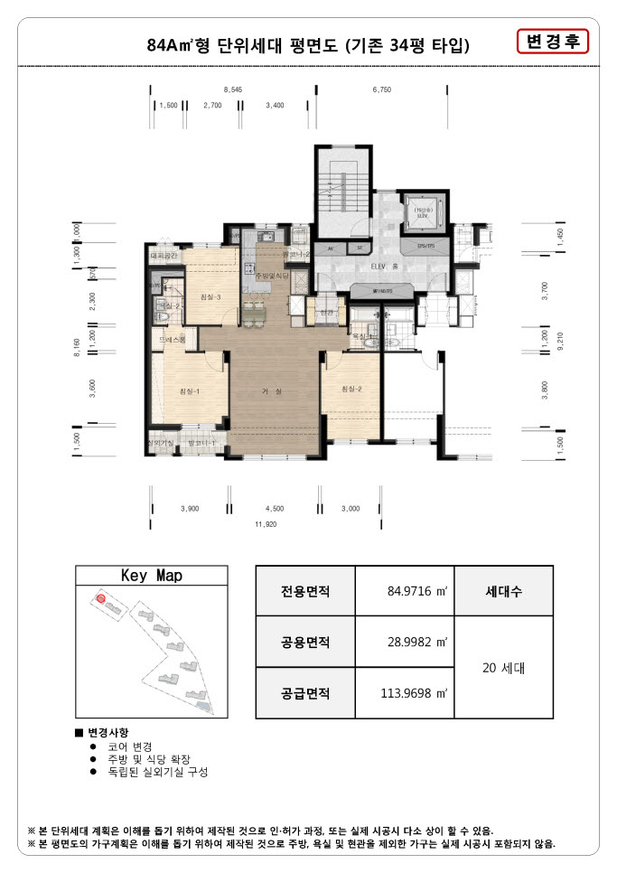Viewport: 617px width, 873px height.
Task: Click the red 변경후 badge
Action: pos(552,42)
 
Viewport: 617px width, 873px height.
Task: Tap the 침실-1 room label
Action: pos(189,390)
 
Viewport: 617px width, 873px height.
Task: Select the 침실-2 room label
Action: pos(351,389)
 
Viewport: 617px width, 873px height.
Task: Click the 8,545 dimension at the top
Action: pos(233,90)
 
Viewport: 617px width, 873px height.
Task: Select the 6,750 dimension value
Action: pos(381,90)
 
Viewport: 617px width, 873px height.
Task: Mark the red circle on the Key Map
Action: pos(101,598)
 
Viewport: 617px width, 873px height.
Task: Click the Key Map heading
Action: pos(152,576)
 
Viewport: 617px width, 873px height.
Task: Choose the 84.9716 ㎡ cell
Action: pos(404,591)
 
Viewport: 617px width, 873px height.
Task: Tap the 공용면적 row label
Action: pos(305,643)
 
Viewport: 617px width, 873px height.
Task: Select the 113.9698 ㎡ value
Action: pos(404,693)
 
